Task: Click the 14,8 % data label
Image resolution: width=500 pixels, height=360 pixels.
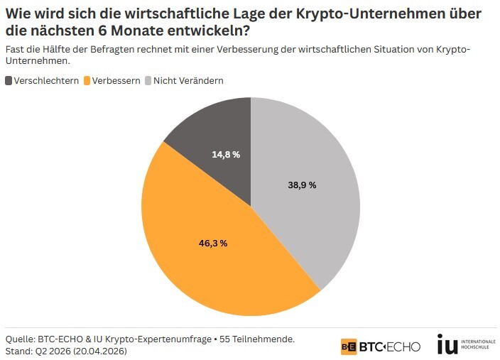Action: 226,154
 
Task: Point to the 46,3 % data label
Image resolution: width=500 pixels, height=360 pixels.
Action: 212,244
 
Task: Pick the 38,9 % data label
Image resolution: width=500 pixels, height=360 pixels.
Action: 302,185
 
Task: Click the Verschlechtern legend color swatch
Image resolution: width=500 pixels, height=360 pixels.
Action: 9,81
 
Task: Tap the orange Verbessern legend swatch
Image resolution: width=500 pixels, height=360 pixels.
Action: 88,81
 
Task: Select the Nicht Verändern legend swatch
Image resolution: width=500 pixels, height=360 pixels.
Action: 148,81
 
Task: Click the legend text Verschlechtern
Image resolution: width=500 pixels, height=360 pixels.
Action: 45,81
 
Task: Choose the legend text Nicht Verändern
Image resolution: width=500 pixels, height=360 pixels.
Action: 188,81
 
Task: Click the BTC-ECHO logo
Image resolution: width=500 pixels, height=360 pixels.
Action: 381,347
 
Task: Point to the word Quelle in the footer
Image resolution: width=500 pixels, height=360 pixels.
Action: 20,339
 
